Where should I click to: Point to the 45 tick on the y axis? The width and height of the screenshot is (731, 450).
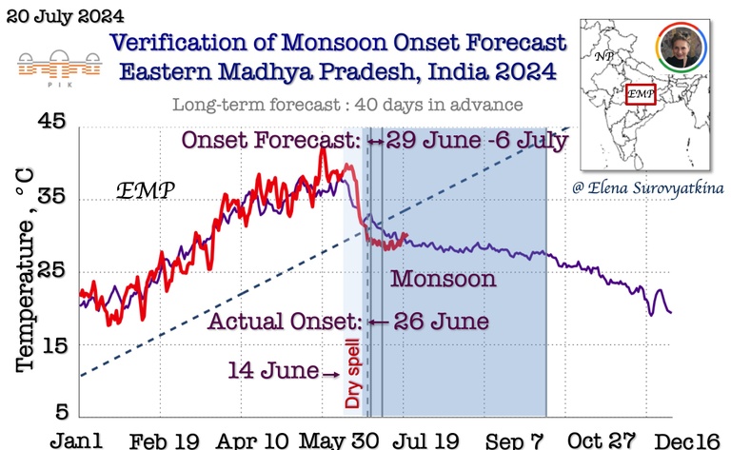53,123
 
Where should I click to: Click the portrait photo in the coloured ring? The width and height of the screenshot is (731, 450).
677,49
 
